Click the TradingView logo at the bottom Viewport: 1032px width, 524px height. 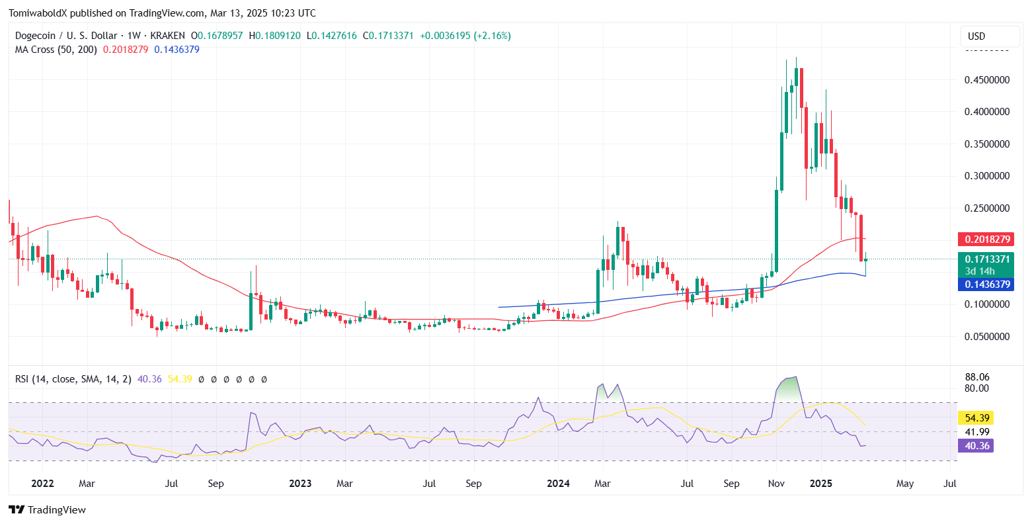pos(47,509)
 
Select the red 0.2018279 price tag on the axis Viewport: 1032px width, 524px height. pos(984,239)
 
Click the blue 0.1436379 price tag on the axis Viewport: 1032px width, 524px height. pos(984,284)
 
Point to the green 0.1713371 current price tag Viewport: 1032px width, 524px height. pos(984,259)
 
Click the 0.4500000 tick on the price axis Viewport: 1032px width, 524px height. pos(987,80)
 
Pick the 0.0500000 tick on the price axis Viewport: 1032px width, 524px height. pos(987,336)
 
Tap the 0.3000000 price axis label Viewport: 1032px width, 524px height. pos(987,176)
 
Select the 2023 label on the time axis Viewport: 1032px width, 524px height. pos(300,484)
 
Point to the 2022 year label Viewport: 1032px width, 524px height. pos(42,484)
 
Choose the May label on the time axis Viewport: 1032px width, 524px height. pos(905,484)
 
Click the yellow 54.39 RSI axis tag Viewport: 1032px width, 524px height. pos(976,418)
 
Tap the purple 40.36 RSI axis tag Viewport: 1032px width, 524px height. pos(976,446)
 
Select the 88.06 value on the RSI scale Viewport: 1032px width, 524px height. pos(977,376)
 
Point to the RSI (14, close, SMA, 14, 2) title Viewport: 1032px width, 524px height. pos(73,379)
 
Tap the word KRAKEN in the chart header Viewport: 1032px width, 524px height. pos(168,36)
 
